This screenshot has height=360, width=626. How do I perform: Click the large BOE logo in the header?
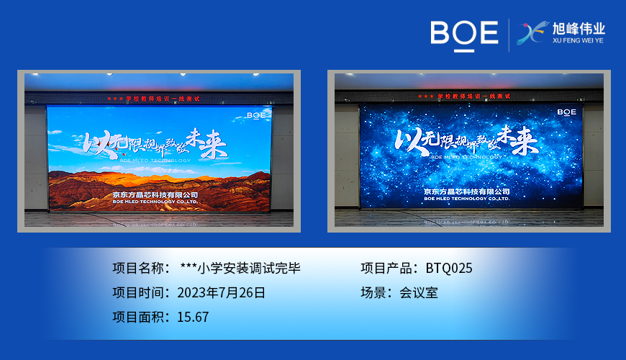(464, 34)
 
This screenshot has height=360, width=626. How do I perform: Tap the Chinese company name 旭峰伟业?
(579, 29)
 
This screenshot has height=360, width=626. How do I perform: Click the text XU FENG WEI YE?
(579, 41)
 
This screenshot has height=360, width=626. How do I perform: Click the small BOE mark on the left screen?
(255, 114)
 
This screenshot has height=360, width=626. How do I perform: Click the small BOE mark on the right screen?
(566, 112)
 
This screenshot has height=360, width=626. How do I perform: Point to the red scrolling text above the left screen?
(153, 98)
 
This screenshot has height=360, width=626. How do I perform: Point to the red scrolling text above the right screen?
(464, 96)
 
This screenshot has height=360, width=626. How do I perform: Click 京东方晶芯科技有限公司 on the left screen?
(155, 194)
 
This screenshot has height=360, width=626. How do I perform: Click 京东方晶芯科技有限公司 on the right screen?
(466, 192)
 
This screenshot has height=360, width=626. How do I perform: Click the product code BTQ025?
(449, 269)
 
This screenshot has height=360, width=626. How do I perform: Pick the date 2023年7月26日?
(221, 292)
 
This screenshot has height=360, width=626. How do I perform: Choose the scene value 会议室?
(419, 292)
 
